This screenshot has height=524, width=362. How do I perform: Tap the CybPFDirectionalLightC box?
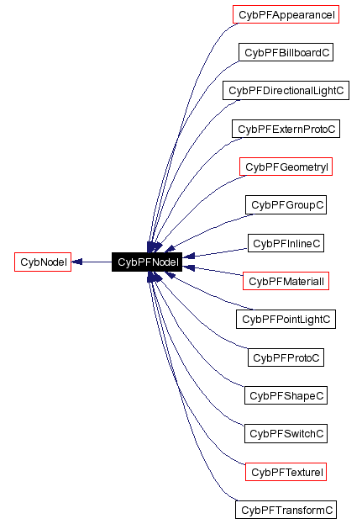point(286,90)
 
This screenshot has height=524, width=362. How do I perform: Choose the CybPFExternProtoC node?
point(286,129)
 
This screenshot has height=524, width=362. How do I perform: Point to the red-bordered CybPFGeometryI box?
point(286,167)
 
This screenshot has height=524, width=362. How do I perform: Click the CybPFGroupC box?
point(286,204)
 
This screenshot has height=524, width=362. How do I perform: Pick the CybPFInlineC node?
point(286,243)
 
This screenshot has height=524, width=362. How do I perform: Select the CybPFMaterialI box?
point(286,281)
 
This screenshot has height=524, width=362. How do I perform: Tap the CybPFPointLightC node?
point(286,320)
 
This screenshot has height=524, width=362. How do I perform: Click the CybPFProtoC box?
point(286,357)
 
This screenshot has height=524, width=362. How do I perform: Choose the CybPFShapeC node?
point(286,395)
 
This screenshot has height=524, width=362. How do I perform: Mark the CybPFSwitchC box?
point(286,434)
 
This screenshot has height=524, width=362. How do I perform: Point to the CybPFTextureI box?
point(286,472)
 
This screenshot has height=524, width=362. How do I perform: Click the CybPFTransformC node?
point(286,510)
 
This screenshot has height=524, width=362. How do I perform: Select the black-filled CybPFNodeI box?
point(147,262)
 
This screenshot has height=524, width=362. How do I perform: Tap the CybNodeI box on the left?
point(43,262)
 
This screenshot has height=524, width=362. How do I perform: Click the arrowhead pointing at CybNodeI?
point(77,262)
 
